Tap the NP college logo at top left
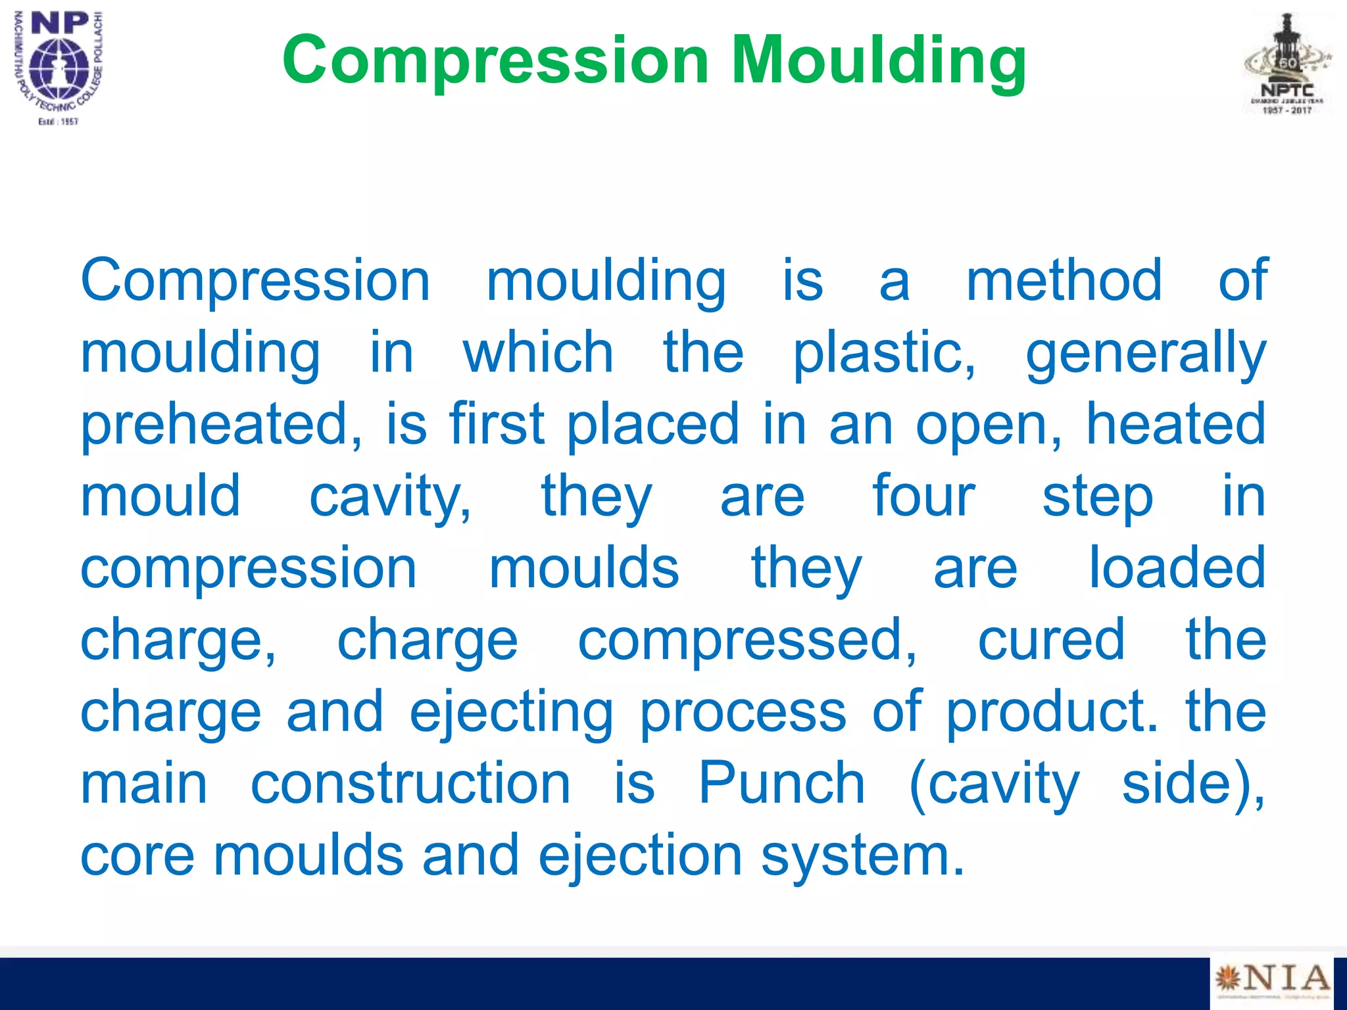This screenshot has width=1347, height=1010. point(59,66)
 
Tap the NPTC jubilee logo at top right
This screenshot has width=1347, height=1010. point(1287,66)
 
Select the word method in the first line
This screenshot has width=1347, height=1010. point(1064,281)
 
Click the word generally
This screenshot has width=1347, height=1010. point(1146,353)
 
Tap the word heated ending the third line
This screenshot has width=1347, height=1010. point(1175,424)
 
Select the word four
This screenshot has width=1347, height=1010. point(923,496)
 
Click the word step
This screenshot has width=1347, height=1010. point(1098,498)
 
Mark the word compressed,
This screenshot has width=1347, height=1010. point(747,641)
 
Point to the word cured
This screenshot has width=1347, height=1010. point(1051,640)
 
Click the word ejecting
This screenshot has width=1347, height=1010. point(511,713)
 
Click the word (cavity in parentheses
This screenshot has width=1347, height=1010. point(994,784)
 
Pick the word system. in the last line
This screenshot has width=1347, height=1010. point(862,857)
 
